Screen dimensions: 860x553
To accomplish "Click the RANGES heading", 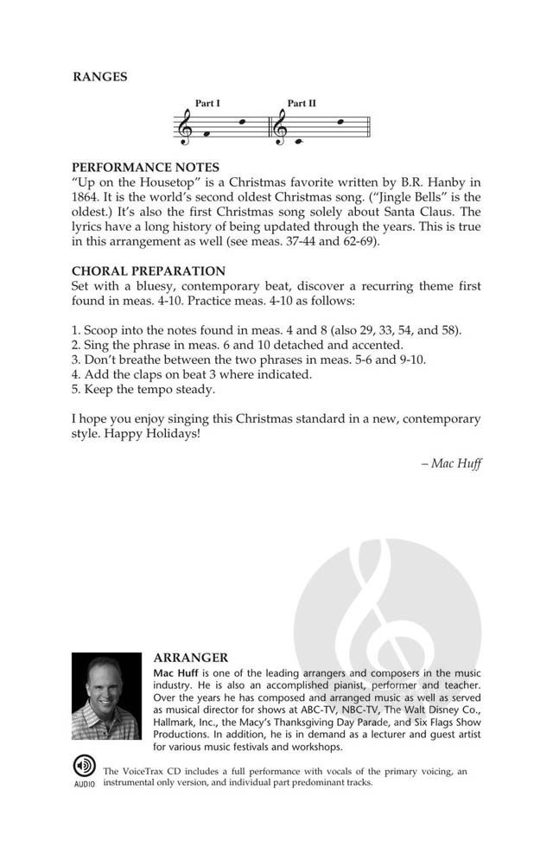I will pos(99,76).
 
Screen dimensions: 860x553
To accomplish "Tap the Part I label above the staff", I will pos(207,104).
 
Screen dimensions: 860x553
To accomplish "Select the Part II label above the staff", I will pos(302,104).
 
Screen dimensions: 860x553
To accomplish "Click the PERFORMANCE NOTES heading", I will pos(145,167).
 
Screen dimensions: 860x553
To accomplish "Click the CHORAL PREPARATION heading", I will pos(148,271).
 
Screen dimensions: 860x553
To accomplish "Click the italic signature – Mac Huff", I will pos(451,463).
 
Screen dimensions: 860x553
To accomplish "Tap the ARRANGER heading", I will pos(190,658).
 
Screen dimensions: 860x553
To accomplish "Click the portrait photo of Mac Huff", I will pos(105,696).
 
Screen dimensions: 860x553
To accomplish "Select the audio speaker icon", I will pos(85,767).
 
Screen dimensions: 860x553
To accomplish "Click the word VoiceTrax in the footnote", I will pos(149,771).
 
